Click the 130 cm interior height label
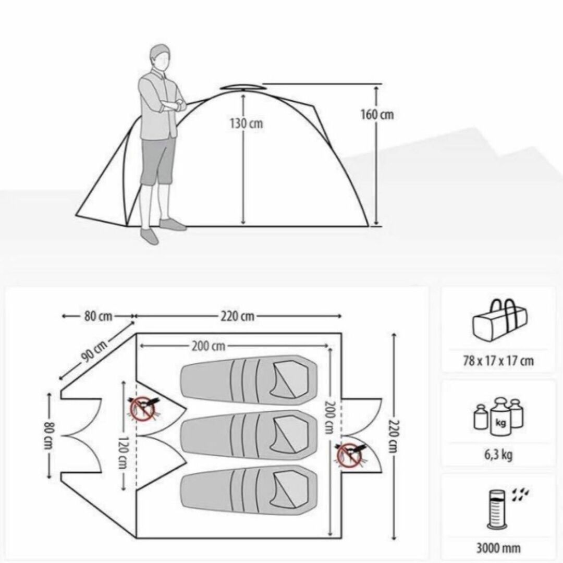[246, 124]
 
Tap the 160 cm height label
[377, 115]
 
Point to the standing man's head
[160, 57]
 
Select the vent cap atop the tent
[241, 87]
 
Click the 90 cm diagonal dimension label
[94, 351]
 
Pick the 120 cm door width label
[124, 453]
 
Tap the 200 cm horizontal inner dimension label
[209, 347]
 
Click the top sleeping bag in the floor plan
[249, 381]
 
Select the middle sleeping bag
[249, 435]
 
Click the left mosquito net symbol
[143, 409]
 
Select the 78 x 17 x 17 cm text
[498, 361]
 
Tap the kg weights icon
[498, 416]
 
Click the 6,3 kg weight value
[498, 455]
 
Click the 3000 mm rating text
[498, 548]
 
